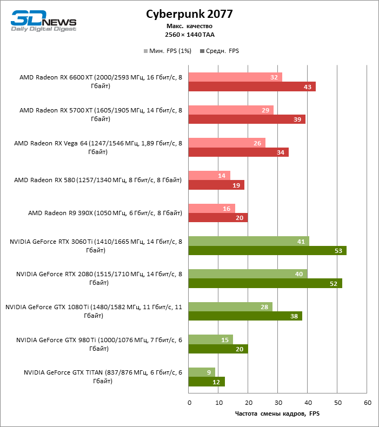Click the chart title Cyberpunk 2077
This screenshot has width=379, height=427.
(189, 14)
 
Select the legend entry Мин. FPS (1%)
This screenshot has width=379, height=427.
(167, 51)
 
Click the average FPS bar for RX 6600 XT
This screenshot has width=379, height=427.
(252, 86)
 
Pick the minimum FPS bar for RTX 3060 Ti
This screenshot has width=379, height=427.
(249, 241)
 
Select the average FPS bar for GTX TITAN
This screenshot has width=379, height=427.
(207, 382)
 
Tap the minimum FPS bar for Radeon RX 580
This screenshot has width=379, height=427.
(209, 175)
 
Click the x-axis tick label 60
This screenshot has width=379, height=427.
(367, 403)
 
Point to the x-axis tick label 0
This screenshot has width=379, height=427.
(189, 403)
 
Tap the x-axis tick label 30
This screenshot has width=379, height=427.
(278, 403)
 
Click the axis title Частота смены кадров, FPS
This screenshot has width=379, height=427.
(277, 414)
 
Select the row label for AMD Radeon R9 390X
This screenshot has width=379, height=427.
(105, 213)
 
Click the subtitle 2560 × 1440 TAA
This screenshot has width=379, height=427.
(189, 34)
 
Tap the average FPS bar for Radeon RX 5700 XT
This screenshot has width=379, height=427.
(247, 119)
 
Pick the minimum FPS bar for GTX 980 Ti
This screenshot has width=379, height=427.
(211, 339)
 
